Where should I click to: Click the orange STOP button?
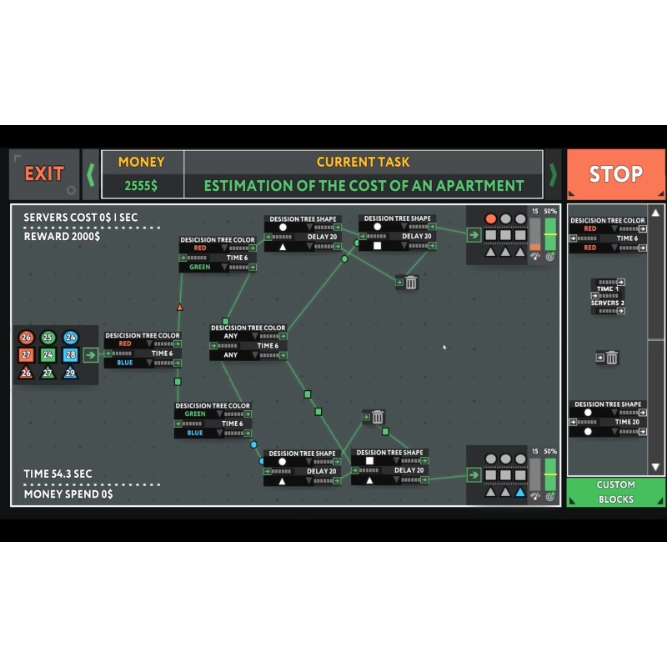[x=615, y=174]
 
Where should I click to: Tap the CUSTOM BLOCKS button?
[x=615, y=492]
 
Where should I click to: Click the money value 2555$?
[x=142, y=186]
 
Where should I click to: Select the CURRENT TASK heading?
[x=363, y=162]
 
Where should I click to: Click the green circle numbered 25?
[x=48, y=338]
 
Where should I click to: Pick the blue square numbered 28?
[x=70, y=355]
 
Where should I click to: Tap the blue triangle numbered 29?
[x=70, y=373]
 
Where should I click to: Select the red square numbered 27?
[x=26, y=355]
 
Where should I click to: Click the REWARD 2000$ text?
[x=62, y=236]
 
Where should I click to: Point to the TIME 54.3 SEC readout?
[x=58, y=474]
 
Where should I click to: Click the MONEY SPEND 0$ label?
[x=68, y=494]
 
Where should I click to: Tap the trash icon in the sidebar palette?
[x=611, y=358]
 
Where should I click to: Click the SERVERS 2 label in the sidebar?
[x=608, y=303]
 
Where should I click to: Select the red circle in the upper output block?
[x=491, y=218]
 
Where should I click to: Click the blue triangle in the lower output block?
[x=520, y=492]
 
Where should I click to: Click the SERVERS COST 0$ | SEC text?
[x=81, y=218]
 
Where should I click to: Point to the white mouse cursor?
[x=444, y=348]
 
